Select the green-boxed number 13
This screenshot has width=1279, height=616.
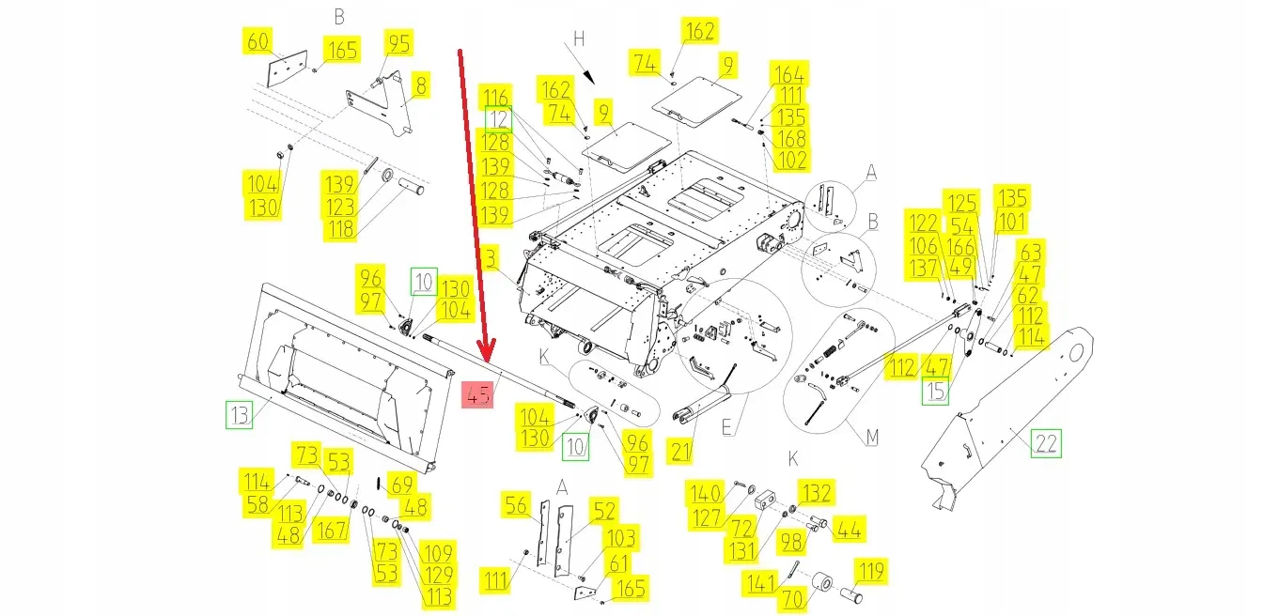[x=240, y=415]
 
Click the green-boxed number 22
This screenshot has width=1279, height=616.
[x=1045, y=442]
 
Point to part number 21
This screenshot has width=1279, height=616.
[x=681, y=451]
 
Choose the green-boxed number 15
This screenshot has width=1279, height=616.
[x=935, y=391]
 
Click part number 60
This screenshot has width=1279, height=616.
[x=258, y=42]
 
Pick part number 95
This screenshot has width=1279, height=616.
[x=399, y=43]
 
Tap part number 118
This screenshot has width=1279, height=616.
[x=341, y=229]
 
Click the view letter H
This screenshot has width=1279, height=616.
[x=579, y=38]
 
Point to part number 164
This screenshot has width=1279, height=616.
[x=788, y=74]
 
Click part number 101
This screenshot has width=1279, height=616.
[x=1012, y=222]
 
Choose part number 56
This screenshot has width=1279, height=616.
[x=516, y=506]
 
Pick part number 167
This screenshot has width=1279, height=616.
[x=331, y=530]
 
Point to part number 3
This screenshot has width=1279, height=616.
[x=490, y=256]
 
